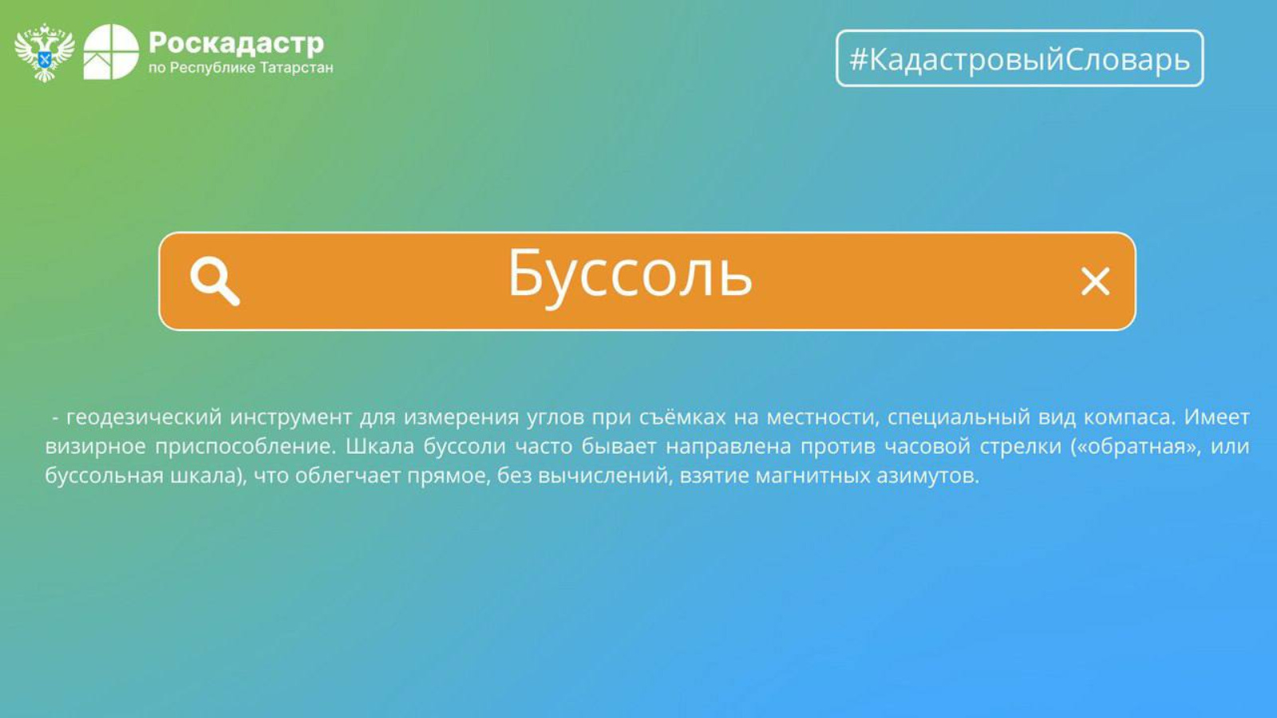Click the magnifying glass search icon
coord(215,282)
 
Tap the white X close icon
coord(1095,282)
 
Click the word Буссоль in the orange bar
coord(630,275)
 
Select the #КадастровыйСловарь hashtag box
coord(1019,58)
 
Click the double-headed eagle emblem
coord(45,53)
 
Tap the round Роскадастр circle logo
coord(111,52)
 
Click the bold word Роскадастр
coord(236,43)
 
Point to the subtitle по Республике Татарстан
coord(240,69)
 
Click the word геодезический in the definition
coord(144,418)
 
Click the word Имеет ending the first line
coord(1216,417)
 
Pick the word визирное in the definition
coord(96,447)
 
